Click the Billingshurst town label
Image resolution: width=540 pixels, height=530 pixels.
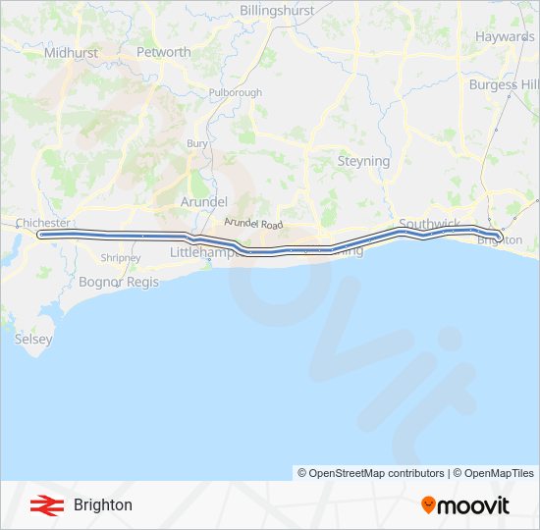(x=277, y=10)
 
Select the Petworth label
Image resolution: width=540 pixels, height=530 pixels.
(x=163, y=52)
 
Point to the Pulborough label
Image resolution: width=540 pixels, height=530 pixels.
(x=236, y=93)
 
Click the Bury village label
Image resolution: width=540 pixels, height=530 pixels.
(x=197, y=143)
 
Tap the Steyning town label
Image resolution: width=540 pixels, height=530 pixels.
(x=363, y=161)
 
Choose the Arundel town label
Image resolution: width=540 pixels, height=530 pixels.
(x=204, y=201)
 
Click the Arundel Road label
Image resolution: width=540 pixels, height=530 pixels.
(x=252, y=224)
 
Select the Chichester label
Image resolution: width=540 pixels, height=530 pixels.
(x=42, y=223)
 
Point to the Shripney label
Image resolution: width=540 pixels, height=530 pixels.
(x=121, y=258)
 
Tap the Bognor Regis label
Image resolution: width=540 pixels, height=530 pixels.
(x=119, y=282)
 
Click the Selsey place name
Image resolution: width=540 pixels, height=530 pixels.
(x=33, y=339)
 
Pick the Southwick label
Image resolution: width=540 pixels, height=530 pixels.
(x=429, y=224)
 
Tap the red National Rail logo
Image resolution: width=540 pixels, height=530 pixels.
(x=43, y=505)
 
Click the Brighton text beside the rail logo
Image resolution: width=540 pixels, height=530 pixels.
(x=103, y=505)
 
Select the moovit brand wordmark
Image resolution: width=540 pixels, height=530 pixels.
(x=465, y=505)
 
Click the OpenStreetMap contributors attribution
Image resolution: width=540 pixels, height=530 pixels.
(x=371, y=473)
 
